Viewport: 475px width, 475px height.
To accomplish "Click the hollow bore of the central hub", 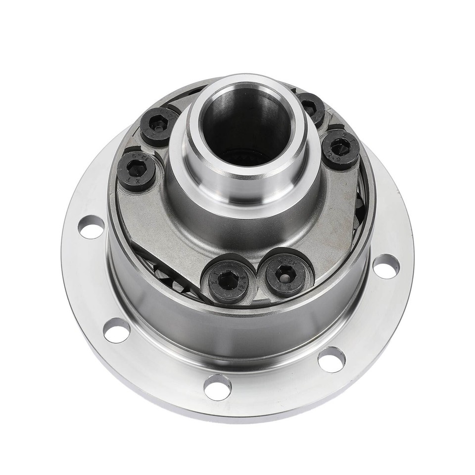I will (x=246, y=124).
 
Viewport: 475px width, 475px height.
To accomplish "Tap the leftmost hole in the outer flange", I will (x=92, y=227).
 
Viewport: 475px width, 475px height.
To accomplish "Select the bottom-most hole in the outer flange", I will (x=217, y=386).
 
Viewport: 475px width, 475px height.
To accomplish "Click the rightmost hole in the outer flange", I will (x=386, y=266).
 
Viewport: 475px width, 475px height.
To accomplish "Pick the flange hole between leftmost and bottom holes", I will (x=117, y=330).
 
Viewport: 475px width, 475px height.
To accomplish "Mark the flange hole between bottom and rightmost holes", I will (x=331, y=359).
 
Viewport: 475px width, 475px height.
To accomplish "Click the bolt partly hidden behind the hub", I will (x=311, y=107).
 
